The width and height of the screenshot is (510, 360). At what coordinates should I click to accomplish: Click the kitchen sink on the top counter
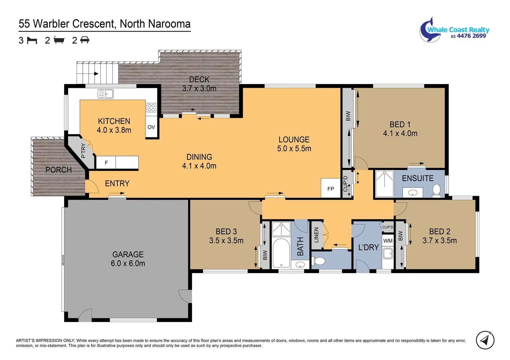click(106, 94)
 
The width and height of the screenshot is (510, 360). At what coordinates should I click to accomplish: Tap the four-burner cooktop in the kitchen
click(151, 107)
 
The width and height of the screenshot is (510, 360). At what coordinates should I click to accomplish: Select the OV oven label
click(151, 127)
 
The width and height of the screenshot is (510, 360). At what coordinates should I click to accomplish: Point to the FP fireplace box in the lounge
click(331, 189)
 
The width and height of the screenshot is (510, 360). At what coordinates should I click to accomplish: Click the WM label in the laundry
click(388, 241)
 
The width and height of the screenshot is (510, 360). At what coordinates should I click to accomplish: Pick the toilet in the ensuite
click(436, 191)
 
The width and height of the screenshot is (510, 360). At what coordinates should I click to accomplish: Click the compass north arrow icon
click(485, 340)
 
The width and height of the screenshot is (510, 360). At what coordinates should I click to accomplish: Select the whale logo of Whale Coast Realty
click(428, 30)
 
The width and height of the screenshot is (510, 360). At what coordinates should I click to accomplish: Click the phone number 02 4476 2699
click(468, 36)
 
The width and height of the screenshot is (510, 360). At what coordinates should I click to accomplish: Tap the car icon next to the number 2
click(85, 40)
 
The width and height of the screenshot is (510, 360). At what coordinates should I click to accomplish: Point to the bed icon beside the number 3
click(32, 40)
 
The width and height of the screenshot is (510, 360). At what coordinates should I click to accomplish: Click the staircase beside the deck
click(97, 74)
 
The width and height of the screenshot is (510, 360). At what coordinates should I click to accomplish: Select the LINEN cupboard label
click(316, 235)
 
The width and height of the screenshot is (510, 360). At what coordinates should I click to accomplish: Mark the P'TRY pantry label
click(83, 151)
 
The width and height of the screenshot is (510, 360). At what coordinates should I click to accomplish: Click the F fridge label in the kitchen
click(106, 163)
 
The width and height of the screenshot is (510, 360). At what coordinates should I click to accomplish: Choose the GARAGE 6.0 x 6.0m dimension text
click(128, 263)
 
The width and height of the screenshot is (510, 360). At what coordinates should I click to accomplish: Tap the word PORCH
click(59, 170)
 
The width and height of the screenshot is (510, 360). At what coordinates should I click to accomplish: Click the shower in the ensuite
click(385, 184)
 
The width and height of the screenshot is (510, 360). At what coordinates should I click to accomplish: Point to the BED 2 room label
click(440, 231)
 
